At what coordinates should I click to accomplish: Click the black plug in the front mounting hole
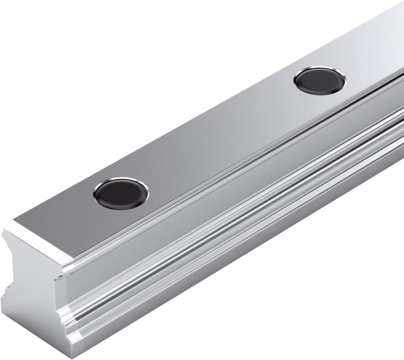[121, 193]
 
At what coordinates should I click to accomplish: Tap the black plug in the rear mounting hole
[320, 80]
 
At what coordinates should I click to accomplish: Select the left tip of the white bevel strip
[5, 229]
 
